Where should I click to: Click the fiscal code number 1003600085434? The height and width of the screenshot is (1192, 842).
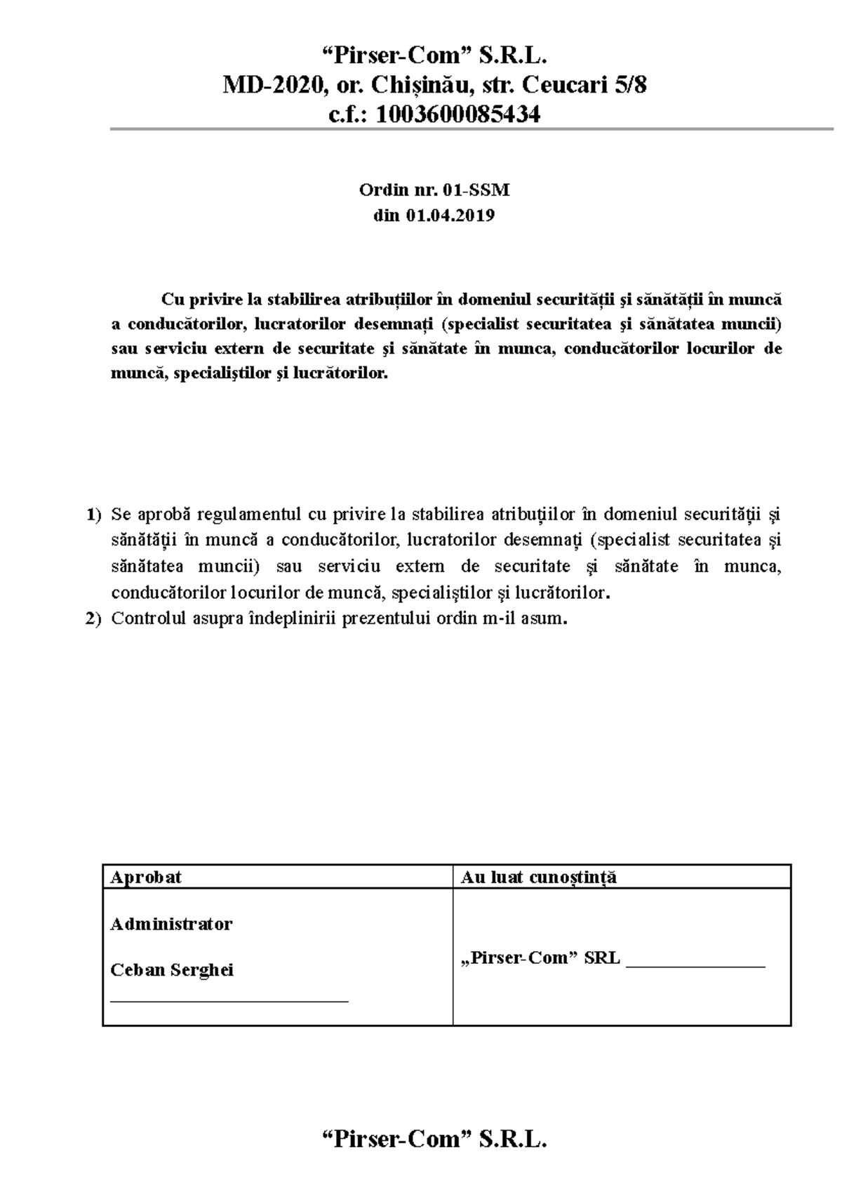[458, 114]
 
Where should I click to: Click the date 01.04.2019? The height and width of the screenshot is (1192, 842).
[449, 216]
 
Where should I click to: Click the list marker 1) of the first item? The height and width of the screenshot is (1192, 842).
[94, 515]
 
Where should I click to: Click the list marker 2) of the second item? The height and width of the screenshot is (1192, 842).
[94, 619]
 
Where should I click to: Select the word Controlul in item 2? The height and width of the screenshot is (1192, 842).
[149, 619]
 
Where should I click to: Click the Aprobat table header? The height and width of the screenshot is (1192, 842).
[146, 877]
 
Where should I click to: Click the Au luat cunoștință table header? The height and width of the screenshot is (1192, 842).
[538, 877]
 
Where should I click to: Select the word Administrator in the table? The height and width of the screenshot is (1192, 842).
[171, 924]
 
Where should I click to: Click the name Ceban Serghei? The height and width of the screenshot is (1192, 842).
[172, 970]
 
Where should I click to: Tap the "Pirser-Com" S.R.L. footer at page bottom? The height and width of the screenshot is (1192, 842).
[434, 1139]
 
